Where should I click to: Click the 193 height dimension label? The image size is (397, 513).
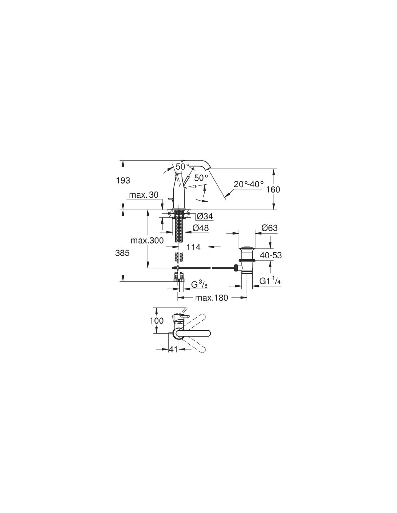pyautogui.click(x=123, y=181)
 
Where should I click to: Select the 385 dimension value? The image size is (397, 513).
pyautogui.click(x=122, y=253)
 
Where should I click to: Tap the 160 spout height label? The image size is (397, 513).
pyautogui.click(x=273, y=189)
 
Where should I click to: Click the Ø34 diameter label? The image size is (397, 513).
pyautogui.click(x=205, y=216)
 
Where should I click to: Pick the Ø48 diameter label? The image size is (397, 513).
pyautogui.click(x=201, y=228)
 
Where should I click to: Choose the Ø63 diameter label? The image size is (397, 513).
pyautogui.click(x=270, y=228)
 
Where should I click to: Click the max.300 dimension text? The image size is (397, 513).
pyautogui.click(x=147, y=241)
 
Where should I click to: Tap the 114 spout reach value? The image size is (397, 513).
pyautogui.click(x=193, y=247)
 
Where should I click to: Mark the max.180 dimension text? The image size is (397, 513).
pyautogui.click(x=211, y=298)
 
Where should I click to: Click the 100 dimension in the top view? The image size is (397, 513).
pyautogui.click(x=157, y=321)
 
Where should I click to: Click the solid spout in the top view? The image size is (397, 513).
pyautogui.click(x=192, y=333)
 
